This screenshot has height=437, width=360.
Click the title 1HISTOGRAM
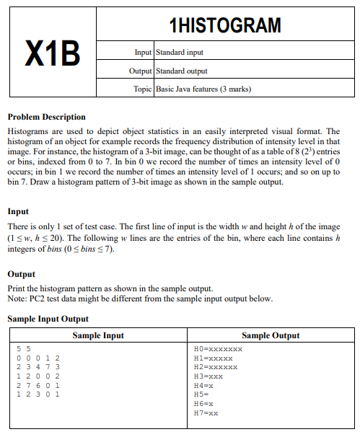click(224, 26)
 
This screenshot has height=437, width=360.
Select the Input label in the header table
click(139, 53)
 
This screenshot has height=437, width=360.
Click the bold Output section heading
click(21, 274)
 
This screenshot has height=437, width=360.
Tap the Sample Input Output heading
click(48, 319)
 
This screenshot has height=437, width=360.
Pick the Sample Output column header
click(271, 335)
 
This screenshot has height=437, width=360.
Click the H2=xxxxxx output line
click(213, 367)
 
